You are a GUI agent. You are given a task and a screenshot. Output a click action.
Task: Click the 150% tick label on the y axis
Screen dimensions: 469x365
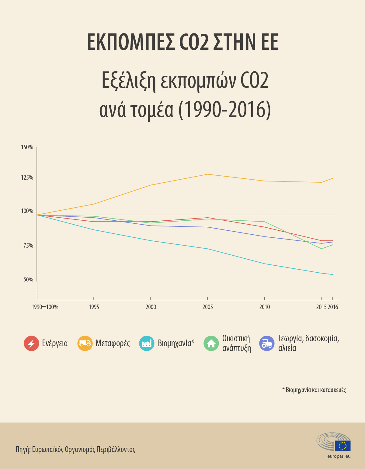click(x=27, y=147)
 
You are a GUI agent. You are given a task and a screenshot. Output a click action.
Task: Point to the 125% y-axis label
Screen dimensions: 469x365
click(x=27, y=178)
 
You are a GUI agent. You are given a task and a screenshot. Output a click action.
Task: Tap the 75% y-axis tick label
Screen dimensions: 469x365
click(x=28, y=246)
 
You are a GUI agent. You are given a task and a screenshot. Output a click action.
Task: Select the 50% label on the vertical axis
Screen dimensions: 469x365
click(x=28, y=280)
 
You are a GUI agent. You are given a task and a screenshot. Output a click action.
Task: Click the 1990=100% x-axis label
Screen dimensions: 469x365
click(x=45, y=307)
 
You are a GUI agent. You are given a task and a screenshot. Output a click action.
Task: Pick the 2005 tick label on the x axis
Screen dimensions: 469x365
click(x=207, y=307)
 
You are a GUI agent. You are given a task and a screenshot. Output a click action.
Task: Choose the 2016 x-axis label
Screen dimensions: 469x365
click(x=333, y=307)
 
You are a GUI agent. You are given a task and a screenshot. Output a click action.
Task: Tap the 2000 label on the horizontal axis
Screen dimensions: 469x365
click(x=151, y=307)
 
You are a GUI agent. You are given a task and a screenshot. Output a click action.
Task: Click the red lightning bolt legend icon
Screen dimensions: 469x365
click(x=31, y=343)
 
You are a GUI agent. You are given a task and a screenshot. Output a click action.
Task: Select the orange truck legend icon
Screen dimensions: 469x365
click(x=85, y=343)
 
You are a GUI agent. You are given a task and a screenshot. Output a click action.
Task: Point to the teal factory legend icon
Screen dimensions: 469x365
click(x=147, y=343)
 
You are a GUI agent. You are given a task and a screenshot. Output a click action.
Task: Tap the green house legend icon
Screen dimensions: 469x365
click(x=211, y=343)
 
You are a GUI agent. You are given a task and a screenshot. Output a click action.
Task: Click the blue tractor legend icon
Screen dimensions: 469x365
click(x=267, y=343)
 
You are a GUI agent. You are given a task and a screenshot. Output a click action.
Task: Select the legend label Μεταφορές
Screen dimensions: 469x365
click(x=113, y=343)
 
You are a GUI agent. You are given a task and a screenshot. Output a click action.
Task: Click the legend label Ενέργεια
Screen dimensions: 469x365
click(x=55, y=343)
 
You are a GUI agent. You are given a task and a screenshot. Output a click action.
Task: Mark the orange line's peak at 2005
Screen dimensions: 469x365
click(x=207, y=174)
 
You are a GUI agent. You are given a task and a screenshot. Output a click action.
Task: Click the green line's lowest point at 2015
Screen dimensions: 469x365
click(x=321, y=249)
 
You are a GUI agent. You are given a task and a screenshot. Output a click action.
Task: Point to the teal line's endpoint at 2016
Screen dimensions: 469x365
click(x=333, y=274)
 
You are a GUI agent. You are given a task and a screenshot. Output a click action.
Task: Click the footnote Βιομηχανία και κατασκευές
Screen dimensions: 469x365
click(x=315, y=390)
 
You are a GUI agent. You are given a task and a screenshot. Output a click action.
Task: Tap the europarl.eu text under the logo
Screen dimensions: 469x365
click(x=339, y=456)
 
